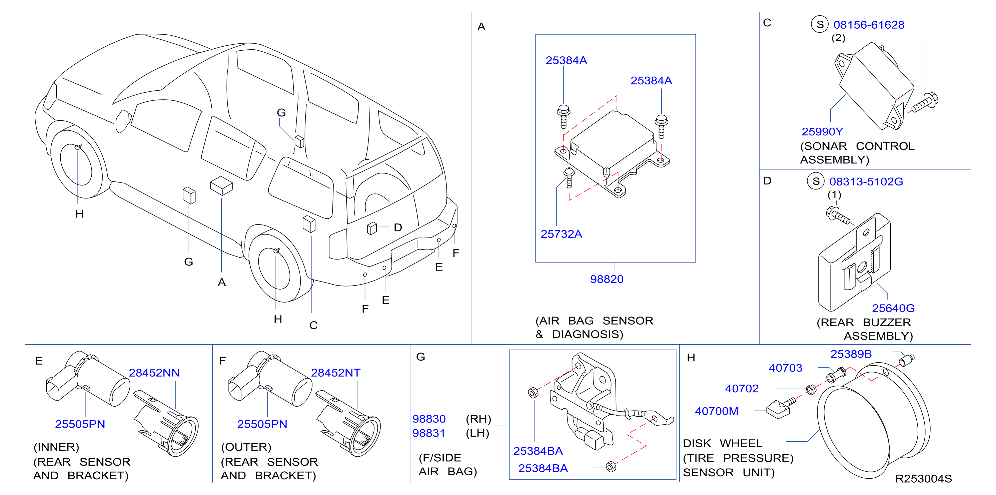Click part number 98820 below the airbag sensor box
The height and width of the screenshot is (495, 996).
(x=607, y=279)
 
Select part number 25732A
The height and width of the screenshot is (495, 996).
(x=561, y=233)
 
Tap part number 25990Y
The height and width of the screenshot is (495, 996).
(x=822, y=131)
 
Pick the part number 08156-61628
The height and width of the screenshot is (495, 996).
(x=869, y=25)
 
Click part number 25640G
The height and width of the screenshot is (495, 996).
(x=893, y=308)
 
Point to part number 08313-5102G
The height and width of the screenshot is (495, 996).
(x=866, y=181)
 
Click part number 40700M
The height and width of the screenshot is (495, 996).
(x=717, y=411)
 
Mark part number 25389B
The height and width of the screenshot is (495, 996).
(x=851, y=354)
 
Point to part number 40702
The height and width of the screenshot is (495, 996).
(x=742, y=388)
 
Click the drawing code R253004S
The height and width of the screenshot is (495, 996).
(x=923, y=479)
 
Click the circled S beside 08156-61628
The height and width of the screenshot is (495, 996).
(x=820, y=24)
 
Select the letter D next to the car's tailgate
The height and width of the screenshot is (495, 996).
(x=398, y=227)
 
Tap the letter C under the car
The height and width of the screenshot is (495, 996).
(x=313, y=325)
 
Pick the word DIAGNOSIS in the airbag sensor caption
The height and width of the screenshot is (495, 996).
(x=588, y=334)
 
